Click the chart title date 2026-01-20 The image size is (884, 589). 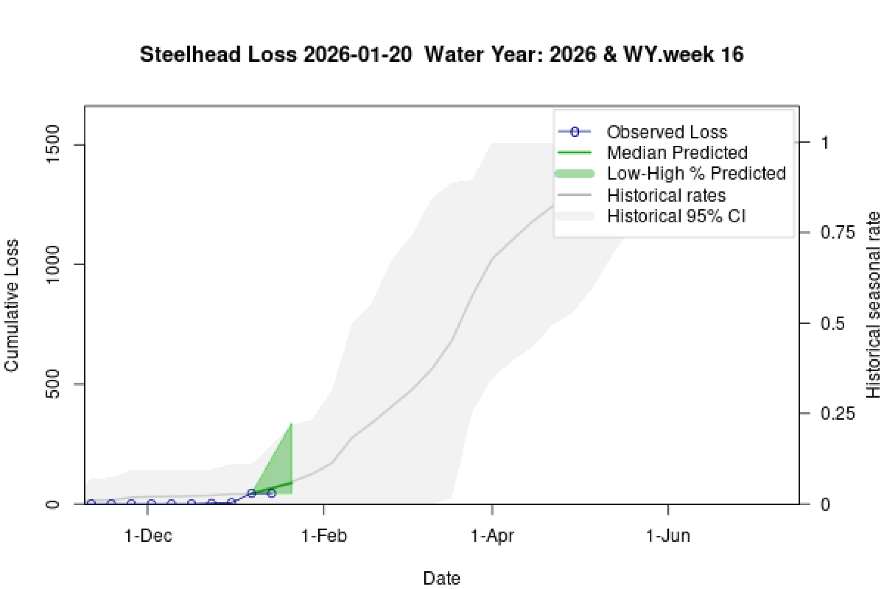[x=358, y=55]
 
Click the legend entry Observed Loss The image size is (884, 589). [x=667, y=132]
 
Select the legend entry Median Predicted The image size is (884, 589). [x=677, y=153]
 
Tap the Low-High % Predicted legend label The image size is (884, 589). [x=696, y=173]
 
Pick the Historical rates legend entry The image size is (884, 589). [x=666, y=195]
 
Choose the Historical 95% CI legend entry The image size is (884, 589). [x=676, y=216]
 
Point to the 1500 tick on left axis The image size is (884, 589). [x=53, y=144]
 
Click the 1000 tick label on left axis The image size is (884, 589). [x=53, y=264]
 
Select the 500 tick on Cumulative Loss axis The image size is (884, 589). [x=53, y=384]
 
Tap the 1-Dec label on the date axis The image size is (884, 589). [x=148, y=536]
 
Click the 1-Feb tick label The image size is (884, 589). [x=324, y=536]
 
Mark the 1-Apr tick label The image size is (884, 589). [x=492, y=536]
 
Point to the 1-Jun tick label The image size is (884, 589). [x=668, y=536]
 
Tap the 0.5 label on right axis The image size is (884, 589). [x=832, y=323]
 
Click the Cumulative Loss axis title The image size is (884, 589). [x=11, y=305]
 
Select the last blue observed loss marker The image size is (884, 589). [x=271, y=493]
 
